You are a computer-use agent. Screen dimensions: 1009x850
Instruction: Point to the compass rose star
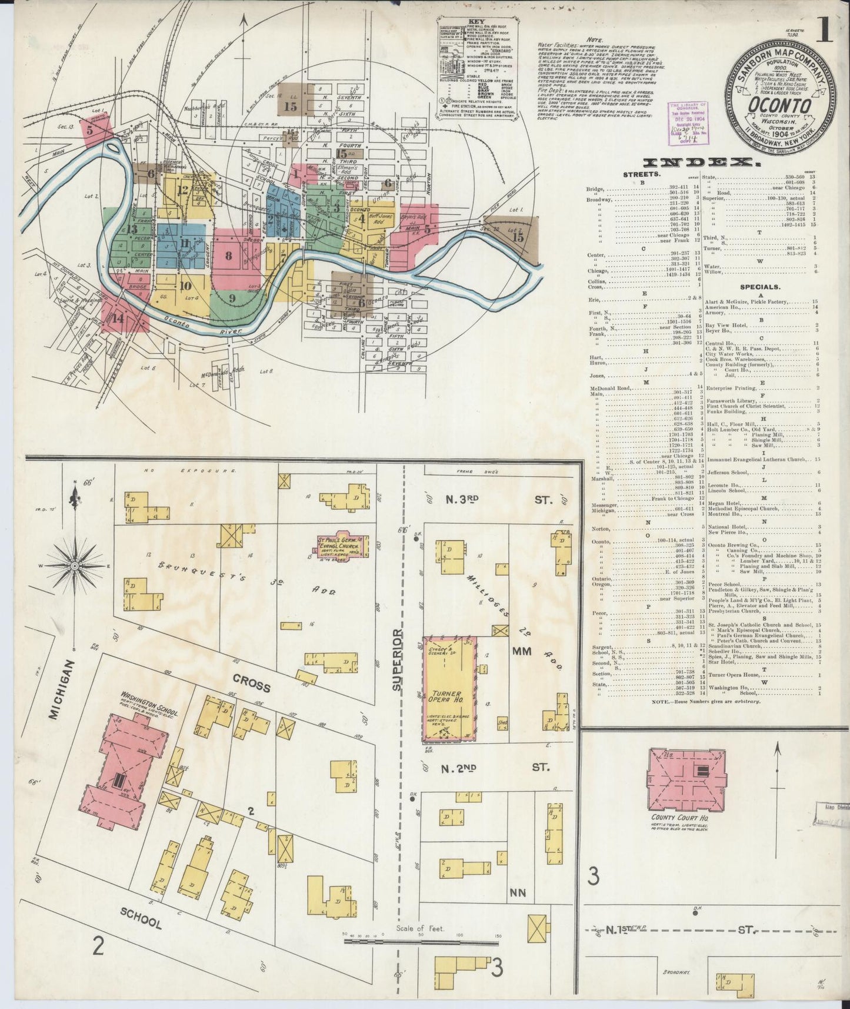(75, 566)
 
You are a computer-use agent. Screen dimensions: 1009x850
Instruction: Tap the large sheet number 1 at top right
(825, 32)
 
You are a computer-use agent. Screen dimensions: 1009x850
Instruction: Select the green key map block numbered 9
(232, 298)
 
